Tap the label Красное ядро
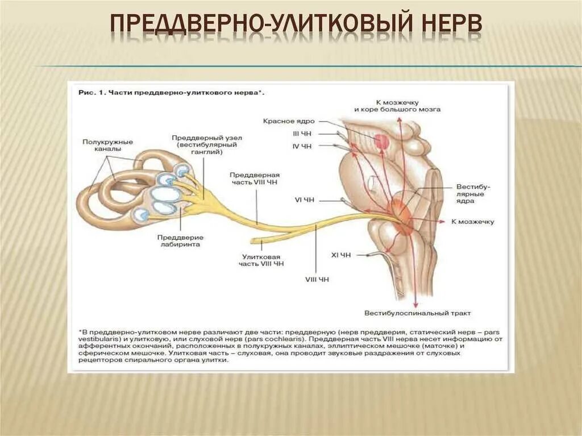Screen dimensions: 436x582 (289, 121)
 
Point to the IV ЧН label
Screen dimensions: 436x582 (302, 146)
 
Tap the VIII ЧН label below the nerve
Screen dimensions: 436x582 (317, 279)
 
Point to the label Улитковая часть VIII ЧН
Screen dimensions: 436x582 (263, 260)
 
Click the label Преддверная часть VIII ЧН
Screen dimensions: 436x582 (255, 178)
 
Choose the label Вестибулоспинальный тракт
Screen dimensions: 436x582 (418, 313)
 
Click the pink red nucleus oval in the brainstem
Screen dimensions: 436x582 (381, 141)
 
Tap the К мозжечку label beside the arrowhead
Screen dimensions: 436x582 (473, 222)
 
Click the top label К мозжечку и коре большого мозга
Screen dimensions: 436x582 (397, 105)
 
